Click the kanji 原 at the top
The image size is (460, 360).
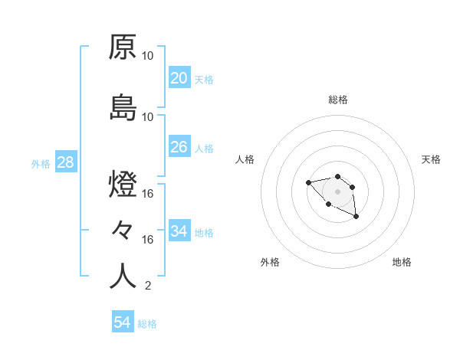(x=123, y=47)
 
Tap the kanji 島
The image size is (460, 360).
(x=123, y=108)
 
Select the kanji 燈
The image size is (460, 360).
(x=123, y=186)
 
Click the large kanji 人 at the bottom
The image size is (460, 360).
(x=123, y=276)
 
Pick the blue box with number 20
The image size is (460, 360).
(x=179, y=78)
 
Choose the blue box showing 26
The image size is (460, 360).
(x=179, y=147)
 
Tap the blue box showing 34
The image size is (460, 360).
(x=179, y=231)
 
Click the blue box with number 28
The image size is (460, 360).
(x=65, y=162)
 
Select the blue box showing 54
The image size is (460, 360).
(x=122, y=322)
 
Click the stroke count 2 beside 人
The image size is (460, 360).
(x=148, y=286)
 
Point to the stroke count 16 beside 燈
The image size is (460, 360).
(x=148, y=193)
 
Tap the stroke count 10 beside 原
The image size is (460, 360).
(x=148, y=55)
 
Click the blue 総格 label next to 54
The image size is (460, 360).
(x=147, y=324)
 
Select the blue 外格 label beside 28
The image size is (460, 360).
(x=41, y=163)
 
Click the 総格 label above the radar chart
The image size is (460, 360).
(x=338, y=100)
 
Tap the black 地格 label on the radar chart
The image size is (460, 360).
(x=402, y=262)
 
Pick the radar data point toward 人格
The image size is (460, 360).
(x=308, y=182)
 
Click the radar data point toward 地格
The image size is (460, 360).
(x=356, y=218)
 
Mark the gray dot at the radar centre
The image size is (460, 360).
(x=337, y=191)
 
